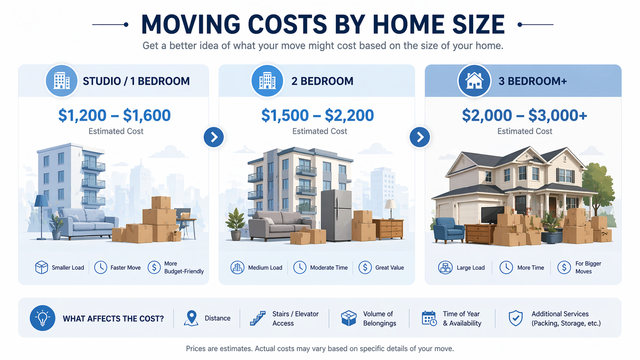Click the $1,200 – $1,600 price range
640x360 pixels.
coord(114,115)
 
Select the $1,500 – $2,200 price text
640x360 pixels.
coord(317,115)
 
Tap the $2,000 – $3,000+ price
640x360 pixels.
coord(524,115)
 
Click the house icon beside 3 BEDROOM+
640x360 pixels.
coord(474,81)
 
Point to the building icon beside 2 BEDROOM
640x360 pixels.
coord(267,81)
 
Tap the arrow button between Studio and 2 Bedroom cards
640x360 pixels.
coord(214,137)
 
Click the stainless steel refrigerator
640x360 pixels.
coord(336,215)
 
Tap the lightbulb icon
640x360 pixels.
coord(42,318)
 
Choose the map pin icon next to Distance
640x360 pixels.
coord(191,318)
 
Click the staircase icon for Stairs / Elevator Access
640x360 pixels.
coord(258,318)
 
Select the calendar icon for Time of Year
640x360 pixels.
coord(429,318)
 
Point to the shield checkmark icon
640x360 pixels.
coord(516,318)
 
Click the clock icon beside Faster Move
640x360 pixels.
coord(101,267)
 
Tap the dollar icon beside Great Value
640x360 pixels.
coord(365,267)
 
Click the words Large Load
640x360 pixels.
coord(470,268)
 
